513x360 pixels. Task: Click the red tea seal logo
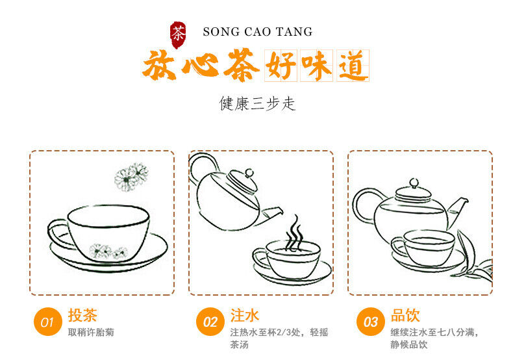point(178,34)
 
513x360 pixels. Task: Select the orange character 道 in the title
point(352,66)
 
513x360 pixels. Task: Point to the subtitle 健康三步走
point(257,103)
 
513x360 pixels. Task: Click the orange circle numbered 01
point(48,322)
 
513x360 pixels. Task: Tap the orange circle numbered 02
point(210,322)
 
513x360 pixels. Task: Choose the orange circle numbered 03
point(371,322)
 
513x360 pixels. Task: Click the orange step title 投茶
point(82,315)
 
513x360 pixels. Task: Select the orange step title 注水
point(245,315)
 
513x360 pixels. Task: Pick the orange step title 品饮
point(405,315)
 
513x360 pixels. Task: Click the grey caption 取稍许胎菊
point(91,332)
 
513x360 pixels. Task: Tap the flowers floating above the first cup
point(131,177)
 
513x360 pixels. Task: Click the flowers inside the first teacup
point(108,251)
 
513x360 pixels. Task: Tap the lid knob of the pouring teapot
point(249,172)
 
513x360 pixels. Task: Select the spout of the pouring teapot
point(271,215)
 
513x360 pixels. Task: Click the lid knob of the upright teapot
point(414,183)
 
